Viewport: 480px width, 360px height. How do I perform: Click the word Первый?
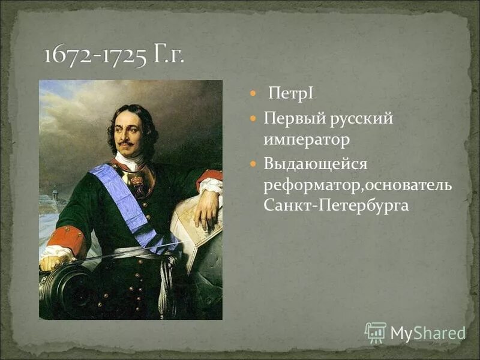click(294, 118)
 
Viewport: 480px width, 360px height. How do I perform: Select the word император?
click(307, 140)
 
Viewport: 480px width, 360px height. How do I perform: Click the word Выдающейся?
click(315, 163)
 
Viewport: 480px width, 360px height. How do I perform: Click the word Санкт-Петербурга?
click(336, 206)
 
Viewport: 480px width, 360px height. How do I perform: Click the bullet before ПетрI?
click(253, 95)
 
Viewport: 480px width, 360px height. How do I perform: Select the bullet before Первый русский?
click(253, 118)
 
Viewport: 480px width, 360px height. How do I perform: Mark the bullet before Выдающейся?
click(253, 163)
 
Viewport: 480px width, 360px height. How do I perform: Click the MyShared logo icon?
click(376, 332)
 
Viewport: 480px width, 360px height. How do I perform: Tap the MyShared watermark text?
click(428, 333)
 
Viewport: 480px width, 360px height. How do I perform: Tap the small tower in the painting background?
click(55, 195)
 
